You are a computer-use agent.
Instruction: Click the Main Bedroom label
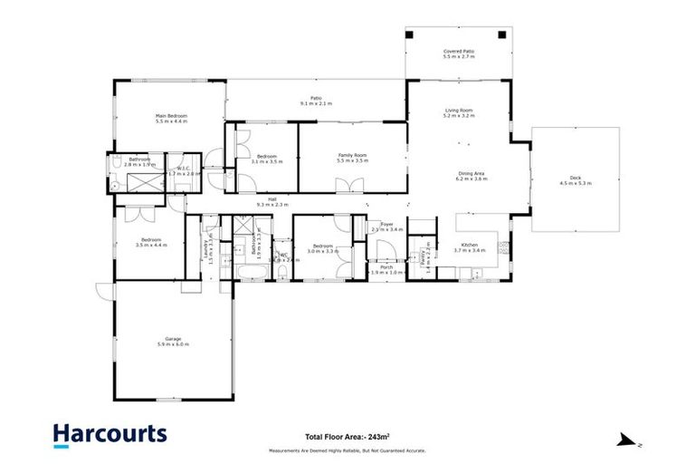pyautogui.click(x=171, y=116)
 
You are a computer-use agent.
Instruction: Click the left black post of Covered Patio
pyautogui.click(x=410, y=34)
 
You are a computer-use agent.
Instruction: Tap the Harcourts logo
pyautogui.click(x=109, y=434)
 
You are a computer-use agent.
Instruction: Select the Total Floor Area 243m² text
pyautogui.click(x=347, y=435)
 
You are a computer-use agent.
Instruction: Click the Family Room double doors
pyautogui.click(x=348, y=187)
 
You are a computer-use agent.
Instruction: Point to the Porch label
pyautogui.click(x=386, y=266)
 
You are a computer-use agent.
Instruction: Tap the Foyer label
pyautogui.click(x=387, y=224)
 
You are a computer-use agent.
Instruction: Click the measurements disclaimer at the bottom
pyautogui.click(x=347, y=450)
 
